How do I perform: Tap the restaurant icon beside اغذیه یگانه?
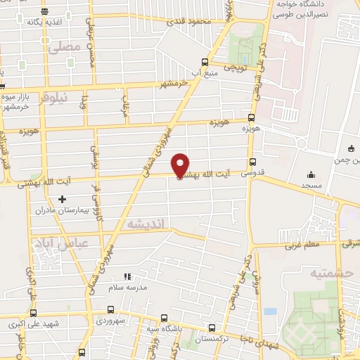[x=44, y=11]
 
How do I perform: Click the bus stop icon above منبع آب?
[x=205, y=61]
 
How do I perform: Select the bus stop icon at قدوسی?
[x=252, y=161]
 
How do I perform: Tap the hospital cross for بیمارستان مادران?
[x=62, y=199]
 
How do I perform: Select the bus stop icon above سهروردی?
[x=110, y=309]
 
